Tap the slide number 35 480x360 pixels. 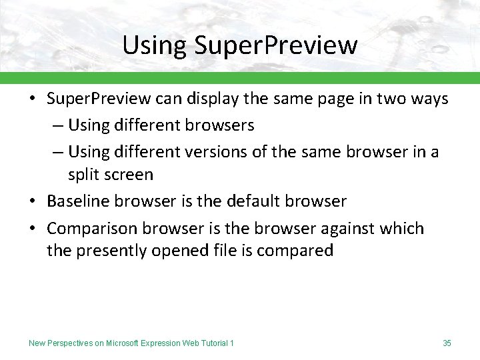point(447,343)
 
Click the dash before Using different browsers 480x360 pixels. point(59,125)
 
